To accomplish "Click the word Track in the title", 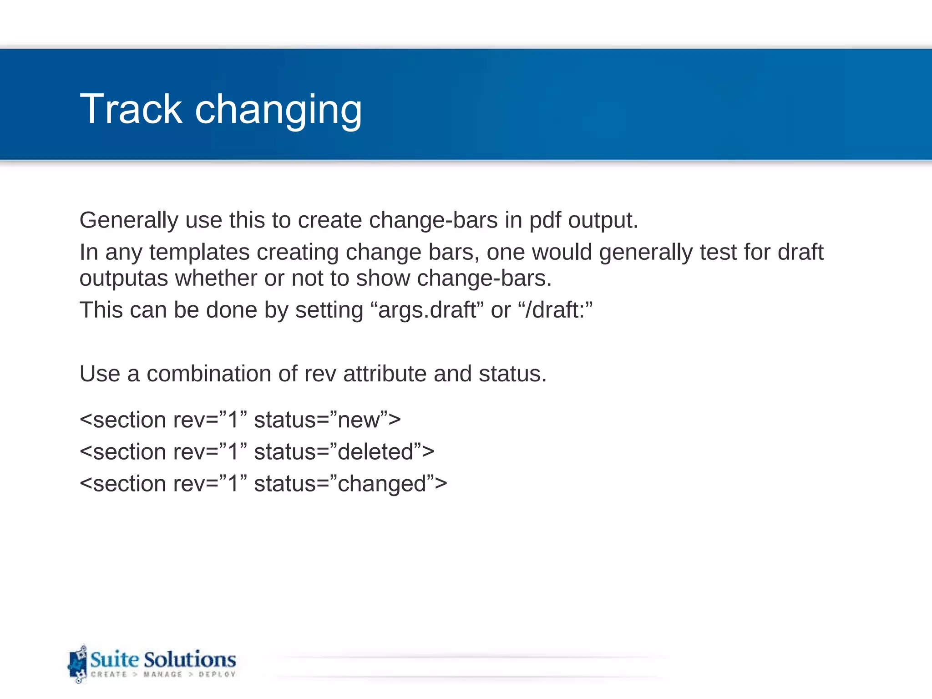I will [131, 109].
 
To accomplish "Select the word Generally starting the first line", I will [128, 221].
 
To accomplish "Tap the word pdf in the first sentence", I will [545, 221].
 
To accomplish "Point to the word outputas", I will [124, 279].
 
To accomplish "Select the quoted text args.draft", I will [427, 310].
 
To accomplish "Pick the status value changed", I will [382, 484].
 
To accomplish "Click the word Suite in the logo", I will [114, 659].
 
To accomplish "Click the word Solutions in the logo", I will [190, 659].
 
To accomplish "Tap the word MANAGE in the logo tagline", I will [162, 674].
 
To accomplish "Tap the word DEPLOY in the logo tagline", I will [217, 674].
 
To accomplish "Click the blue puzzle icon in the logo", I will [77, 664].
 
